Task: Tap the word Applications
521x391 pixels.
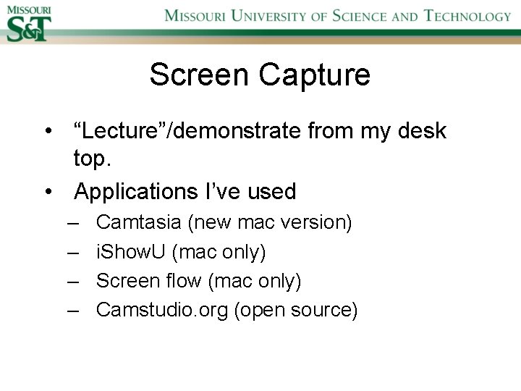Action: point(134,192)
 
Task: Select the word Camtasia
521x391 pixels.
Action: point(139,222)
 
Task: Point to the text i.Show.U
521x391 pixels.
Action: point(131,252)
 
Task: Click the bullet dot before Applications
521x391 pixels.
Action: point(47,193)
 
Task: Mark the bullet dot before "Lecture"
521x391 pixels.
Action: point(47,133)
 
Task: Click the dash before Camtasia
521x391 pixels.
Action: point(73,222)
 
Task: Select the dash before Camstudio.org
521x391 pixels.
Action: point(73,310)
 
